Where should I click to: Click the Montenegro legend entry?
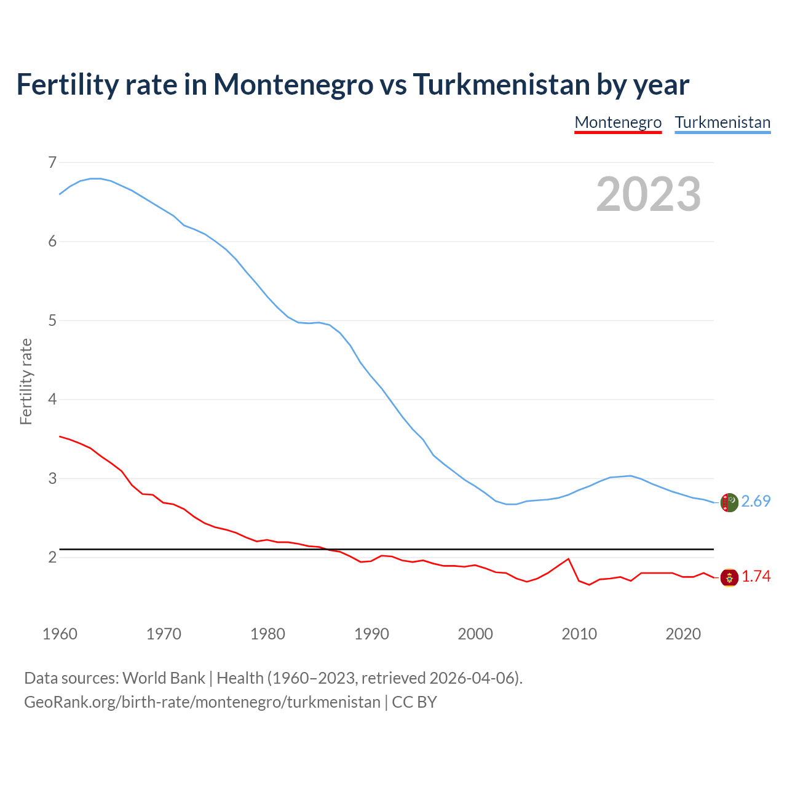tap(618, 122)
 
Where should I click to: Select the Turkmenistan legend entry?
tap(722, 122)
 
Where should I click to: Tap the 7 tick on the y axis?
tap(52, 162)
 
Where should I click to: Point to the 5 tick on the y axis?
tap(52, 320)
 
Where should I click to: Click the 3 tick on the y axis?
tap(52, 478)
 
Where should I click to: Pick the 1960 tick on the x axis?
tap(60, 634)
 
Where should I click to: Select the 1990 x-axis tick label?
tap(371, 634)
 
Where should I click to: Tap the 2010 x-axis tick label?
tap(579, 634)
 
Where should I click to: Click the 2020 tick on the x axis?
tap(683, 634)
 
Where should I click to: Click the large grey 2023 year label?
tap(649, 194)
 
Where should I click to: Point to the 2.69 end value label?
tap(756, 502)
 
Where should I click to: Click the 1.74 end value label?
tap(756, 577)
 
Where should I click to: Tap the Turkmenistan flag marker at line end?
tap(729, 502)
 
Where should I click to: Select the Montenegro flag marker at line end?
tap(729, 578)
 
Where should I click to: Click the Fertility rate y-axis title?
tap(26, 381)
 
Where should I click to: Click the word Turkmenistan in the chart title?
tap(501, 84)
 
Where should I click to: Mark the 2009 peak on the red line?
tap(568, 559)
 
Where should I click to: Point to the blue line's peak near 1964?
tap(95, 178)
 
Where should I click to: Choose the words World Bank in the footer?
tap(164, 678)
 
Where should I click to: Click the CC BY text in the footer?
tap(414, 702)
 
